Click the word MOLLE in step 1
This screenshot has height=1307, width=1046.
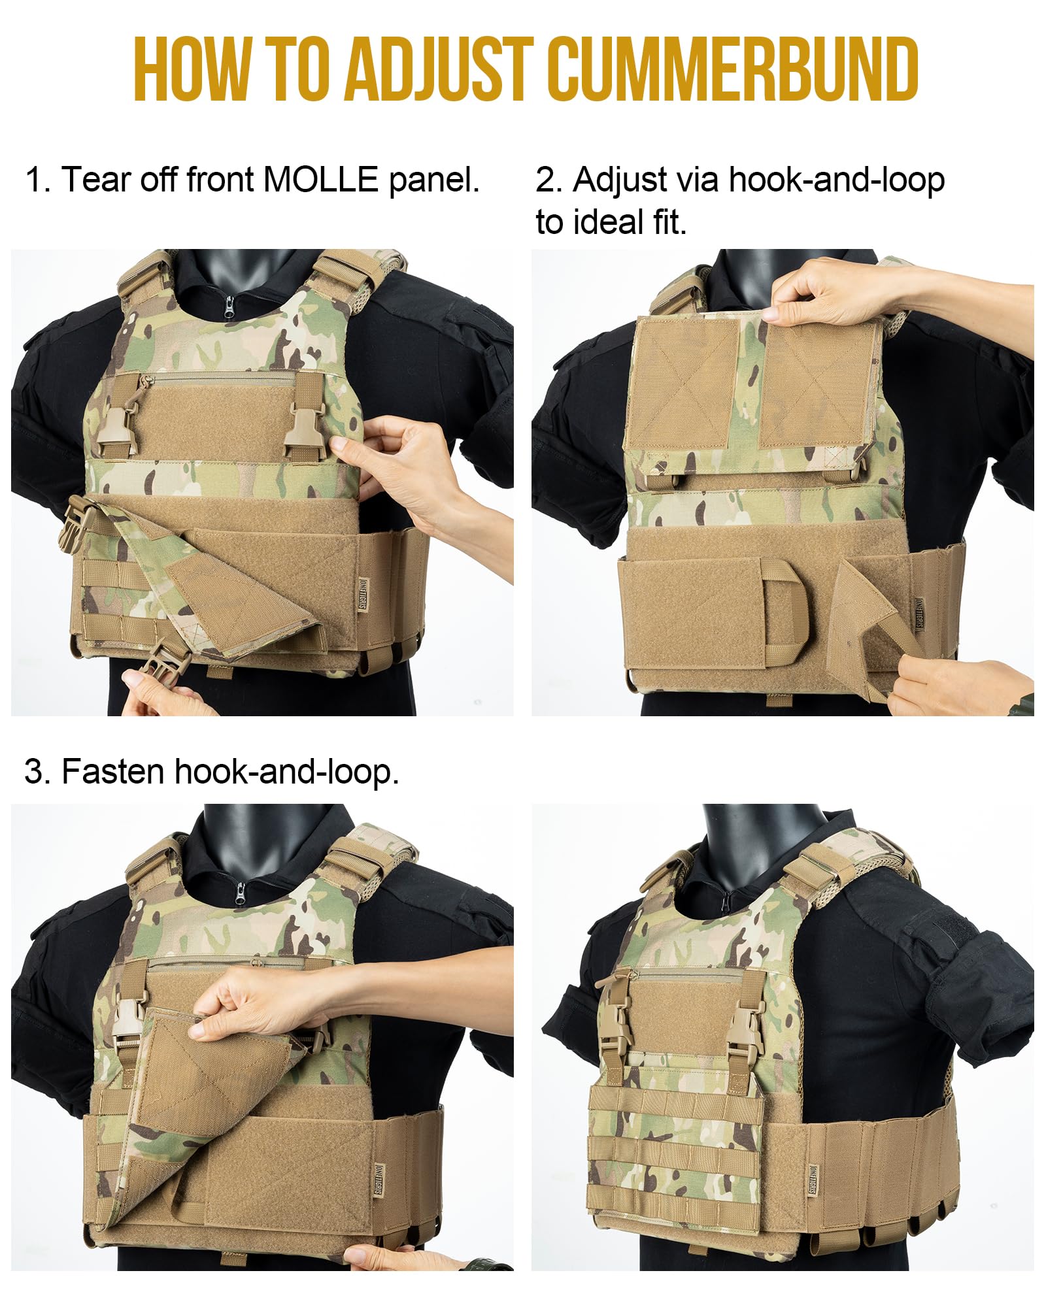(320, 179)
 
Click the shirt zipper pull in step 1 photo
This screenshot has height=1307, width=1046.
(229, 306)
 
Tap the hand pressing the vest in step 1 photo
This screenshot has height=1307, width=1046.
(399, 471)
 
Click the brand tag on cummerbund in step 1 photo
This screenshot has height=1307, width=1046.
(363, 595)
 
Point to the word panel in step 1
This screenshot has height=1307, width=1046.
(434, 180)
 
